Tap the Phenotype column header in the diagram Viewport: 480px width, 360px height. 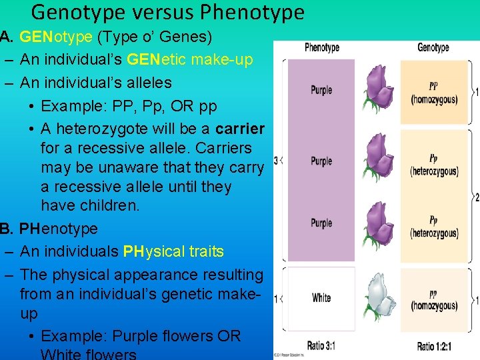point(322,47)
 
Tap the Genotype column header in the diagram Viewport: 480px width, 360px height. point(433,47)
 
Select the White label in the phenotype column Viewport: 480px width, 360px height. point(321,298)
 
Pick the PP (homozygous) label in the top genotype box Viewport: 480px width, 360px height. point(434,93)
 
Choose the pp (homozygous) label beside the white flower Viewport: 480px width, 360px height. point(434,300)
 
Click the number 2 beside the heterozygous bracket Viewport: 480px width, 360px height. point(476,197)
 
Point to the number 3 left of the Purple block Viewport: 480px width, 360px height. point(276,161)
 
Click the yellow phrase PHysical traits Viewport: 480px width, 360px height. point(173,252)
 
